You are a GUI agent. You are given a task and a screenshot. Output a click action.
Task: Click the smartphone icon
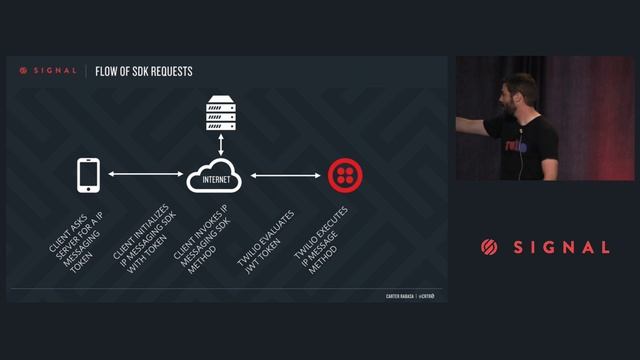pyautogui.click(x=89, y=175)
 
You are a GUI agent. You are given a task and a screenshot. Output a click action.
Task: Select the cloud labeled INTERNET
pyautogui.click(x=217, y=177)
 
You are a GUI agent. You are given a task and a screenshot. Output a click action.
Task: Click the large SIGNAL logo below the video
pyautogui.click(x=545, y=247)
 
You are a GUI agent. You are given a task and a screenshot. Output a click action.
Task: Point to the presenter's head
pyautogui.click(x=520, y=92)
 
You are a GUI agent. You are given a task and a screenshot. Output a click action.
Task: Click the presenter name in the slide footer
pyautogui.click(x=400, y=296)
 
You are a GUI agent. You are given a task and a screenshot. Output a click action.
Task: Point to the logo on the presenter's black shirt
pyautogui.click(x=515, y=146)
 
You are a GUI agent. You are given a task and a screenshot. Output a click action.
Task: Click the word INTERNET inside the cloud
pyautogui.click(x=217, y=181)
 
